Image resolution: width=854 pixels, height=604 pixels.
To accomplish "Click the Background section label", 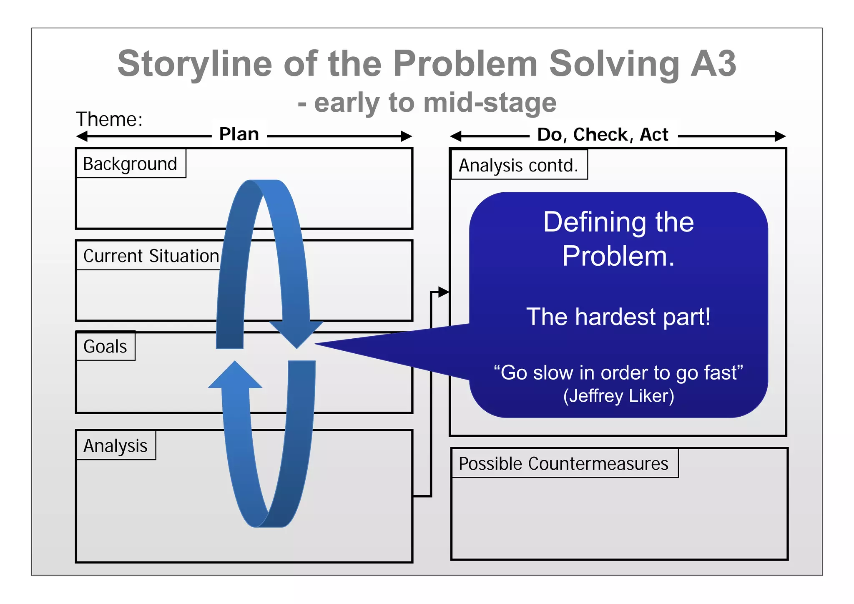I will point(130,164).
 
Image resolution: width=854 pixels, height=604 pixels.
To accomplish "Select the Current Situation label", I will point(151,256).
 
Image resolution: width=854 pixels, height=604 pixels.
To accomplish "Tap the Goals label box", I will point(105,346).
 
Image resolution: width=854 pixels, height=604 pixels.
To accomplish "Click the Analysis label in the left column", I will point(116,445).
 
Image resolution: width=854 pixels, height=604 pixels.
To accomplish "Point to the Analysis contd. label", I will point(518,165).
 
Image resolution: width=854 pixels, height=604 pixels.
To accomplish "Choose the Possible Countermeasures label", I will point(563,463).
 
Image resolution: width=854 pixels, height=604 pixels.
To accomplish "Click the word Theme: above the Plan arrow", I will point(109,119).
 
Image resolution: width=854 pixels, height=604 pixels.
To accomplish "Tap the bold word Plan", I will point(239,134).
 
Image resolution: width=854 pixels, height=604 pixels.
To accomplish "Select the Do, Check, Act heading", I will point(603,135).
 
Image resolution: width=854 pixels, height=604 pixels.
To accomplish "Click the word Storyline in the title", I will point(195,63).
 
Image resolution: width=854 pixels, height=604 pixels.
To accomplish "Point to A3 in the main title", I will point(713,63).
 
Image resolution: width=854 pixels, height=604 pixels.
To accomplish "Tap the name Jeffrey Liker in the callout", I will point(619,396).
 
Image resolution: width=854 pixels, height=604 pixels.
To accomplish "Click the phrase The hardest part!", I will point(618,317).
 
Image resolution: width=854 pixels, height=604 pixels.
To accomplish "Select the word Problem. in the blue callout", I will point(618,256).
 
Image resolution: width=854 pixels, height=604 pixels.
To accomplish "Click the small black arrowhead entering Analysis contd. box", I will point(444,292).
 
